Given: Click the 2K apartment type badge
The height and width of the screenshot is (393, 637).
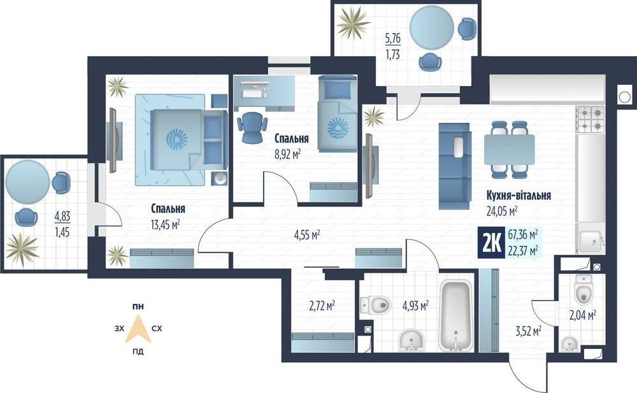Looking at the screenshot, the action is click(492, 243).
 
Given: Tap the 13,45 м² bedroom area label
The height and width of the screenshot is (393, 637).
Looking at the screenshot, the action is click(166, 224).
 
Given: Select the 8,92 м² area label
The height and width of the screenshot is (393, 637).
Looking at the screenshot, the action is click(288, 154).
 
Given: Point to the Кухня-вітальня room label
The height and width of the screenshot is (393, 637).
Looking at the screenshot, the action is click(519, 196).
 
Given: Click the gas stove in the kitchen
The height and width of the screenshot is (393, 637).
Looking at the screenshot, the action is click(590, 120).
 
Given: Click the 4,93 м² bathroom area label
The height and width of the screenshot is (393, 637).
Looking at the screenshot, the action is click(415, 306).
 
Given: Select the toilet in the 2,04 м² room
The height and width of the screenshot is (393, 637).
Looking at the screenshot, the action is click(583, 289).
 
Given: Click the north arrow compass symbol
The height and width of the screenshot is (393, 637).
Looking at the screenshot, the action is click(138, 329).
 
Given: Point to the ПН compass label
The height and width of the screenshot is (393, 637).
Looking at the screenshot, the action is click(138, 307).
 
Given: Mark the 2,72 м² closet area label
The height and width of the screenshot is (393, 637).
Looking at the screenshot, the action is click(322, 305).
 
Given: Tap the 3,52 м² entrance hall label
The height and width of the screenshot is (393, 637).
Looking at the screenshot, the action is click(528, 331).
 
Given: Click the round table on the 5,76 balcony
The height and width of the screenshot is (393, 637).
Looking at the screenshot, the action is click(431, 26).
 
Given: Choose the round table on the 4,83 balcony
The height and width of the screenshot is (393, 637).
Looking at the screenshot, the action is click(27, 182).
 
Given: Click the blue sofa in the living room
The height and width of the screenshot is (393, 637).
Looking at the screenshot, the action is click(455, 166).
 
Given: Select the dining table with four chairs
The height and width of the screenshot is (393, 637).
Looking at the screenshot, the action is click(510, 150).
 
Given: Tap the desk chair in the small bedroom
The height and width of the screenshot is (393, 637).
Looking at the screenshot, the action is click(252, 127).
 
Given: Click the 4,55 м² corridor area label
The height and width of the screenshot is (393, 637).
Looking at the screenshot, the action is click(307, 235).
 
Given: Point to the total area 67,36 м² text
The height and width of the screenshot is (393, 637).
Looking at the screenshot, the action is click(523, 234).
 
